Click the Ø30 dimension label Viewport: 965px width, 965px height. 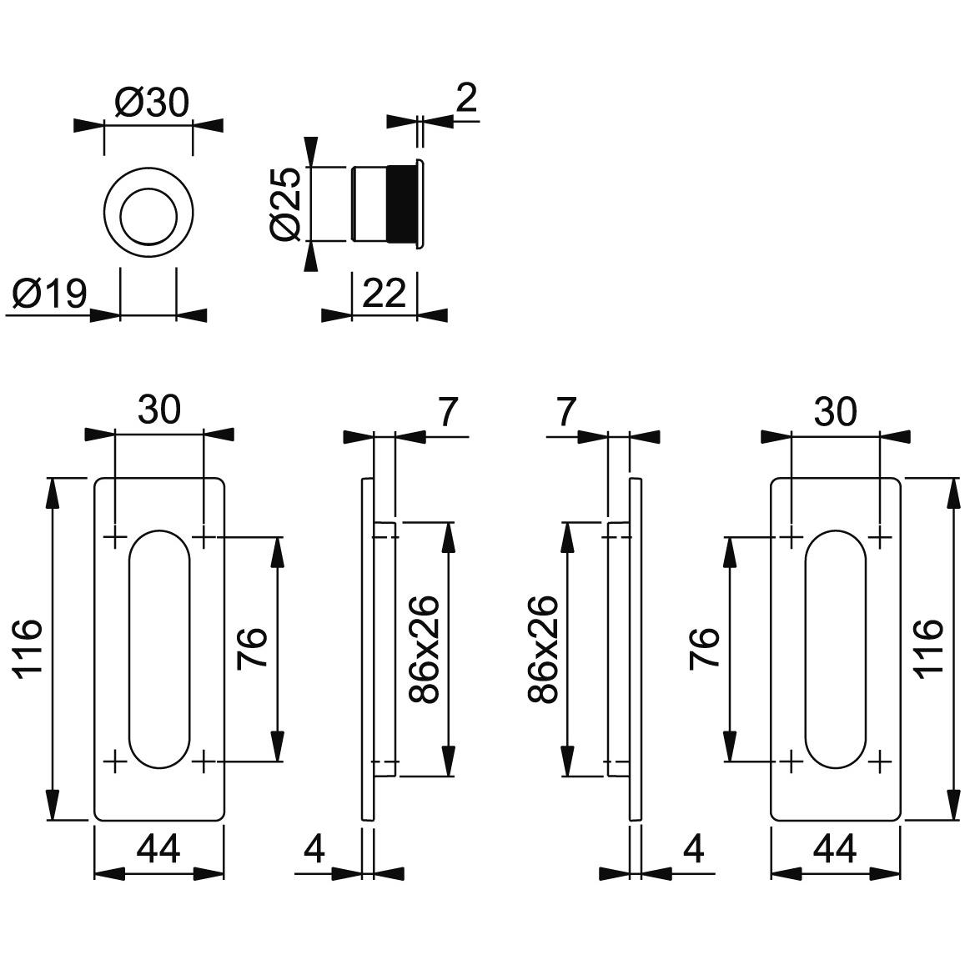pos(153,103)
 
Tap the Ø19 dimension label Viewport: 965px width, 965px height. pos(50,294)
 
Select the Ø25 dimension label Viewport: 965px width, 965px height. pos(285,204)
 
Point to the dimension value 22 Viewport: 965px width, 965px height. pos(384,294)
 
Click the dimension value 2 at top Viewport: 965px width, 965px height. pos(466,99)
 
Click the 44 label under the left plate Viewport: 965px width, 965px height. pos(158,850)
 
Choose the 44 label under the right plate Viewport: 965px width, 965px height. pos(834,850)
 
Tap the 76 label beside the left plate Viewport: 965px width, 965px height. pos(253,649)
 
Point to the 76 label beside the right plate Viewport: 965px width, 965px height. pos(705,649)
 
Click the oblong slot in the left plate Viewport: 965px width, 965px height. pos(159,649)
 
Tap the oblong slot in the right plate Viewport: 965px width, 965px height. pos(835,649)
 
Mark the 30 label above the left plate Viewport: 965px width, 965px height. pos(159,410)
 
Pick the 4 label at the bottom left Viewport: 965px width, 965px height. pos(314,850)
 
